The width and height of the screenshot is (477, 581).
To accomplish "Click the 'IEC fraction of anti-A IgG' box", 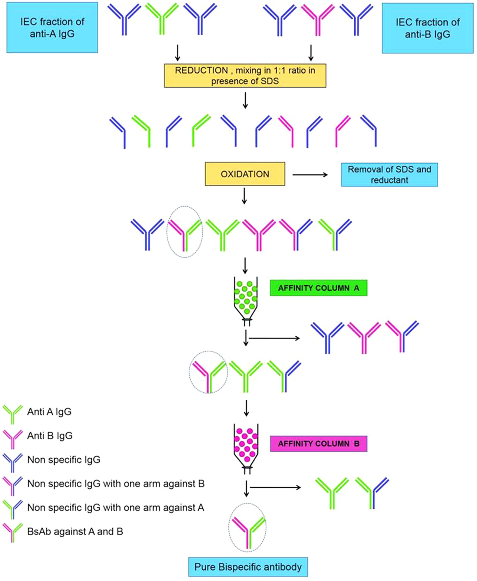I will click(x=52, y=28).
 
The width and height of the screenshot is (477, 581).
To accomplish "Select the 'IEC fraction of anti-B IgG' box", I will click(x=427, y=28).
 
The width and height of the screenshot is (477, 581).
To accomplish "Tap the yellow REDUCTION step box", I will click(x=245, y=76).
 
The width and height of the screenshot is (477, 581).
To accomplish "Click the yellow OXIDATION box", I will click(x=245, y=174).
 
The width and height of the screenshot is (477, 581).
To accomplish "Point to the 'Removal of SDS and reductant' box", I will click(x=389, y=175).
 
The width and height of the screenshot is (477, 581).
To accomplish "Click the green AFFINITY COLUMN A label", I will click(x=318, y=288).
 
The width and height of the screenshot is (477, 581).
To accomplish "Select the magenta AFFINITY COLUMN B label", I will click(x=318, y=444).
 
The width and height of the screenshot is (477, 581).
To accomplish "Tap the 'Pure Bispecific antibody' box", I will click(x=248, y=567).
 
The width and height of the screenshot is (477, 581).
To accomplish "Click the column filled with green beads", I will click(x=246, y=298).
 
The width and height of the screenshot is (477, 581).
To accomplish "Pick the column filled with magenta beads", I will click(x=246, y=445).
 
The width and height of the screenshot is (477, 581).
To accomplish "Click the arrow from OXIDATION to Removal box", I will click(x=310, y=175).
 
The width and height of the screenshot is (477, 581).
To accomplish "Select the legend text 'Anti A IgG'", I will click(x=49, y=412).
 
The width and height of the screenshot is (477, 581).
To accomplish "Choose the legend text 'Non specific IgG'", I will click(x=64, y=460).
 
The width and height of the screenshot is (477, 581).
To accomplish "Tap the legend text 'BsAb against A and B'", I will click(x=75, y=532).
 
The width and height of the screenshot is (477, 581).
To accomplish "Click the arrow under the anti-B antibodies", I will click(x=310, y=53).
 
